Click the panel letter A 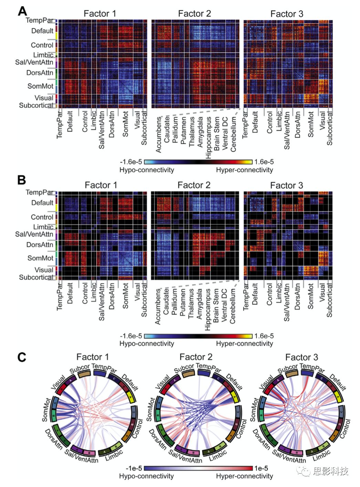click(22, 11)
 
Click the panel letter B click(22, 180)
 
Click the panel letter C click(22, 357)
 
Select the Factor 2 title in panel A click(194, 13)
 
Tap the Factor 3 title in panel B click(286, 185)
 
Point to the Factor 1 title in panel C click(92, 357)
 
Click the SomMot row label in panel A click(41, 86)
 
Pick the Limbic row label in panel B click(43, 227)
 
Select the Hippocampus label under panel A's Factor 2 click(209, 137)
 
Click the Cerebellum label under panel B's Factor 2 click(233, 305)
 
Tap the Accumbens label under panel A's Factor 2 click(159, 134)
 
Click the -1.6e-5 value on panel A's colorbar click(131, 162)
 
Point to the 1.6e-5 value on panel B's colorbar click(264, 336)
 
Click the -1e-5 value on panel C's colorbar click(134, 468)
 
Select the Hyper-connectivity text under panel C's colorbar click(244, 476)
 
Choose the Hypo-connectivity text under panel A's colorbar click(147, 170)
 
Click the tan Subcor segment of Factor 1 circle click(84, 374)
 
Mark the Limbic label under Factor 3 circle click(322, 455)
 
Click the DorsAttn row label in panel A click(40, 73)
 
